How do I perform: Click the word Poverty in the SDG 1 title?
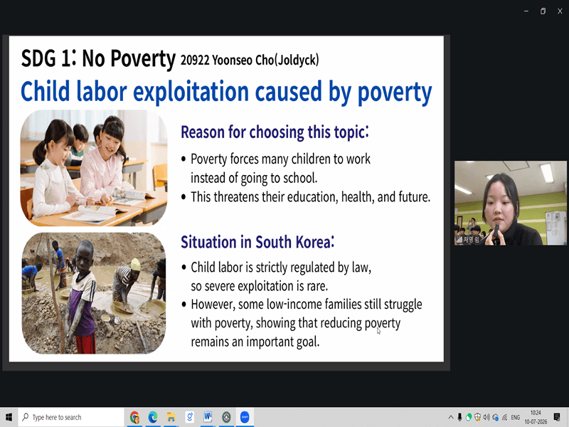143,59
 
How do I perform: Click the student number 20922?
195,60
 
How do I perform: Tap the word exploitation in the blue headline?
191,91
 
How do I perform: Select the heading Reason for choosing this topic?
275,132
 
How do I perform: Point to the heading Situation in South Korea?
257,242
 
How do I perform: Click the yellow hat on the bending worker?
135,264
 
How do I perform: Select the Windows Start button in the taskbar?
9,417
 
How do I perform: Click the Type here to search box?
71,417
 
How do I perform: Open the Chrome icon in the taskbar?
134,417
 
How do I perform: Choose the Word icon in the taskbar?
208,417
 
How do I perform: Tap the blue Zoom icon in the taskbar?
245,417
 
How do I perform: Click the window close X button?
560,11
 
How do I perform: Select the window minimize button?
526,11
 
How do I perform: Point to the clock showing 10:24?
536,413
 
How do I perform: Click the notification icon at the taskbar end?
557,417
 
